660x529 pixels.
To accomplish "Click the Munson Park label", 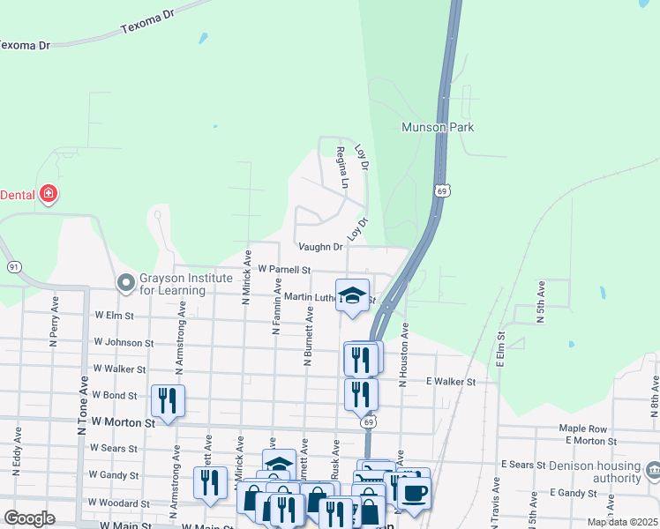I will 438,127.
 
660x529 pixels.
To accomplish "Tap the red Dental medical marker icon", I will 49,194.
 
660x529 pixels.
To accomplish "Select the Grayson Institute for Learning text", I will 185,283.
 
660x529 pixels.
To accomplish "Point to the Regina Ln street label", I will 342,168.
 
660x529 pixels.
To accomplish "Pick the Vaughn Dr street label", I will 319,247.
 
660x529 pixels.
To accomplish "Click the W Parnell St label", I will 284,269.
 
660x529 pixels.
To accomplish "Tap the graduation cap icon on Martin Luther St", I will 352,295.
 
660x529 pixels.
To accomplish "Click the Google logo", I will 29,518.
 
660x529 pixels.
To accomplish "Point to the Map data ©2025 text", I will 621,522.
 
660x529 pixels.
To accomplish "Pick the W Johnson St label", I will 124,342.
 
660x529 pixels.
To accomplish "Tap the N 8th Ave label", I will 655,397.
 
